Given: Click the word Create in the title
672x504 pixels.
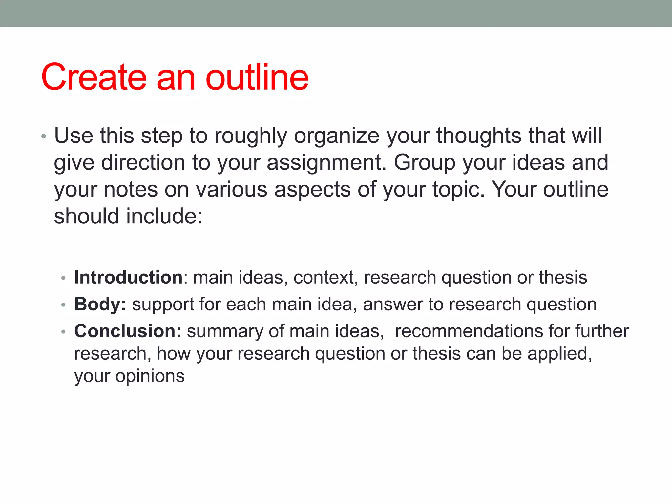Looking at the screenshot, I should [x=94, y=77].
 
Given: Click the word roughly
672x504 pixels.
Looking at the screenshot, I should [x=251, y=136].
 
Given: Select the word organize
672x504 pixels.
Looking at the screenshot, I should [x=336, y=136].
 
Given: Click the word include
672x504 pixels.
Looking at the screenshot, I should [x=164, y=217].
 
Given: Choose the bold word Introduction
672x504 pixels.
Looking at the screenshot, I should [x=128, y=277].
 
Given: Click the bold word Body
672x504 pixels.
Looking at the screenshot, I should [x=100, y=304].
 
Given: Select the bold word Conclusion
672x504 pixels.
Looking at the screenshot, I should [x=127, y=331].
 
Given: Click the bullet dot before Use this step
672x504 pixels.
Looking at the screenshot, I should [x=44, y=136].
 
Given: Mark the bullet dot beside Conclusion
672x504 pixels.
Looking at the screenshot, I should [x=64, y=332].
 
